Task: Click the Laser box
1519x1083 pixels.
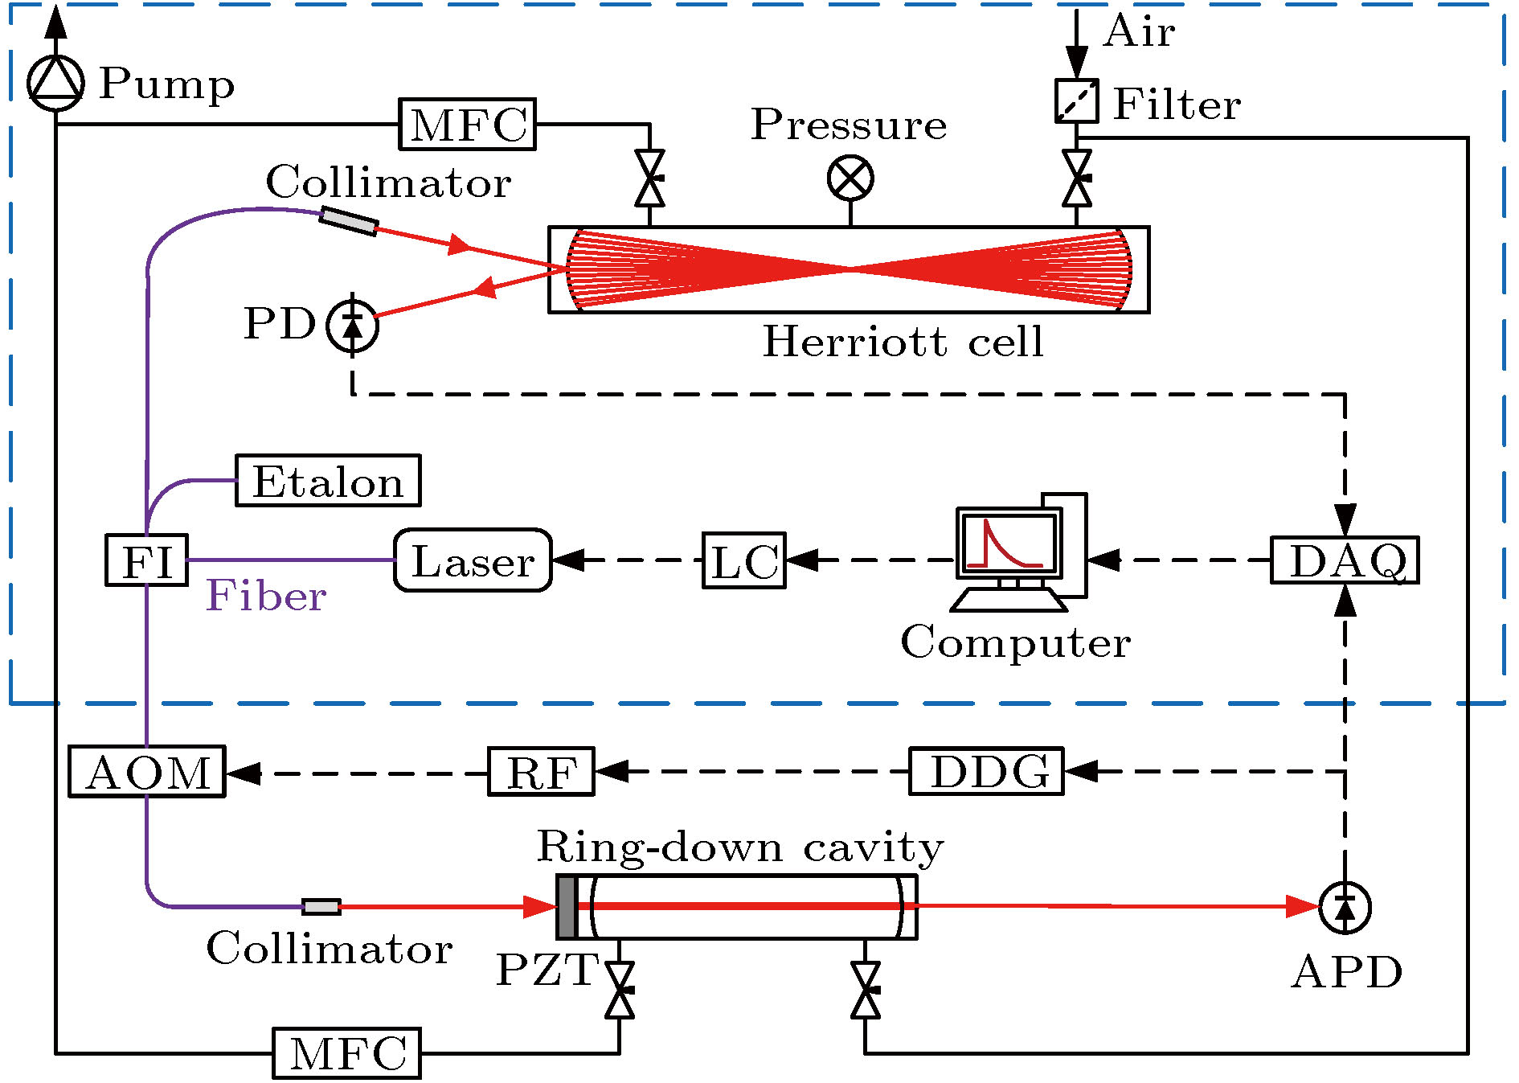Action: [x=473, y=560]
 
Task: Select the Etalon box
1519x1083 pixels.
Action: [x=328, y=481]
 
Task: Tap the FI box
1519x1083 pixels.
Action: [x=147, y=560]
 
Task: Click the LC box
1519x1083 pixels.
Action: [x=744, y=560]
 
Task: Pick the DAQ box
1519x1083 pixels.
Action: [x=1345, y=560]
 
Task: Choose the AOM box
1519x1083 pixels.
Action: [x=147, y=772]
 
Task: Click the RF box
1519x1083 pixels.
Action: [x=541, y=772]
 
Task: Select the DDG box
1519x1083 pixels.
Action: [x=986, y=771]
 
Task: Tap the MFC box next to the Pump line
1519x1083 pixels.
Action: [x=467, y=125]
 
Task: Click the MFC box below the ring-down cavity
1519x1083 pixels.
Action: [x=346, y=1052]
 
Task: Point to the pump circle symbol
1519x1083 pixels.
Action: [x=55, y=83]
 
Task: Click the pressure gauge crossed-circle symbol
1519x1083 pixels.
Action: [x=850, y=178]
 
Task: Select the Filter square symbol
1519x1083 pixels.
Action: [x=1076, y=101]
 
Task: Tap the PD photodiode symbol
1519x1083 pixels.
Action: [x=352, y=326]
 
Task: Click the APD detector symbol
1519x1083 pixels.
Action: [x=1345, y=908]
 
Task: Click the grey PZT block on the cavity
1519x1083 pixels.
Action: [x=567, y=907]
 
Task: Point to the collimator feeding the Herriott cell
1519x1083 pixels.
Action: [x=348, y=221]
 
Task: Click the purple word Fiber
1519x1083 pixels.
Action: [x=266, y=596]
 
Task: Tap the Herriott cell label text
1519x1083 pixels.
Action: [x=903, y=342]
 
